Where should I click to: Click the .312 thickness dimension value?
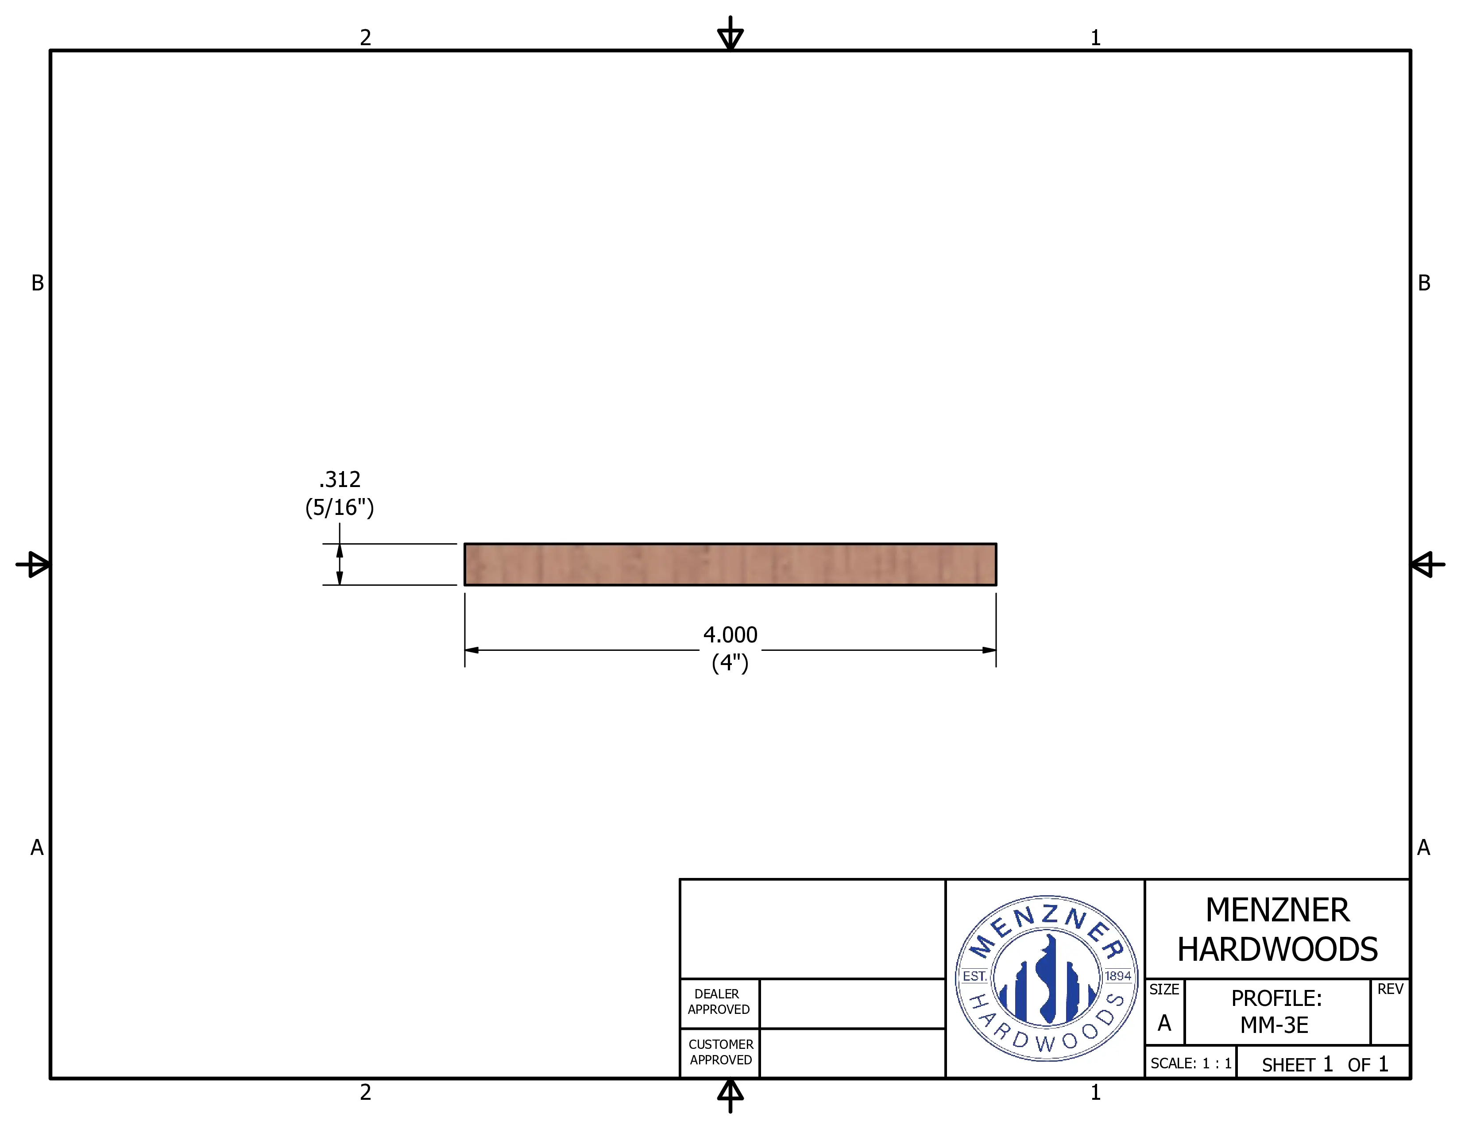pyautogui.click(x=340, y=479)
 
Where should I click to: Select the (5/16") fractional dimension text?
pyautogui.click(x=340, y=508)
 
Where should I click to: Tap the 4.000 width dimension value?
pyautogui.click(x=730, y=635)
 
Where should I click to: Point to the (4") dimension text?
pyautogui.click(x=730, y=663)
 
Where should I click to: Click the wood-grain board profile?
pyautogui.click(x=730, y=564)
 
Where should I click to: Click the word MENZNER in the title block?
pyautogui.click(x=1278, y=910)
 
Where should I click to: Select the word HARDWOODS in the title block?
pyautogui.click(x=1278, y=950)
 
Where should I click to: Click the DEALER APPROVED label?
pyautogui.click(x=719, y=1002)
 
